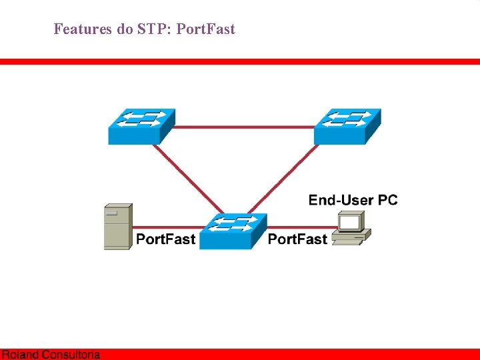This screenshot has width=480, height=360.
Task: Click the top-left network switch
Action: coord(141,126)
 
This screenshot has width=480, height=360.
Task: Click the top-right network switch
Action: coord(347,126)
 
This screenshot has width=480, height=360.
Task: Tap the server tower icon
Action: coord(118,227)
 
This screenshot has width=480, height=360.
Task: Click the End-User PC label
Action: coord(353,200)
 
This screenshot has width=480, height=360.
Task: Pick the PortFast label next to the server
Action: coord(166,239)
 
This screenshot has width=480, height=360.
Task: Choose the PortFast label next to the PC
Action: coord(297,239)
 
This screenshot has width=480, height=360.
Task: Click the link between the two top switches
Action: coord(244,127)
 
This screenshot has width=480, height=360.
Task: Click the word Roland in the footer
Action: coord(20,355)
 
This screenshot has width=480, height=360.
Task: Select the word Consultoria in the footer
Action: coord(71,355)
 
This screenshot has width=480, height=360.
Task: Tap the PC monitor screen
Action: coord(349,221)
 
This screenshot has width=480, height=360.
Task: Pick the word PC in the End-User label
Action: coord(387,200)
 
